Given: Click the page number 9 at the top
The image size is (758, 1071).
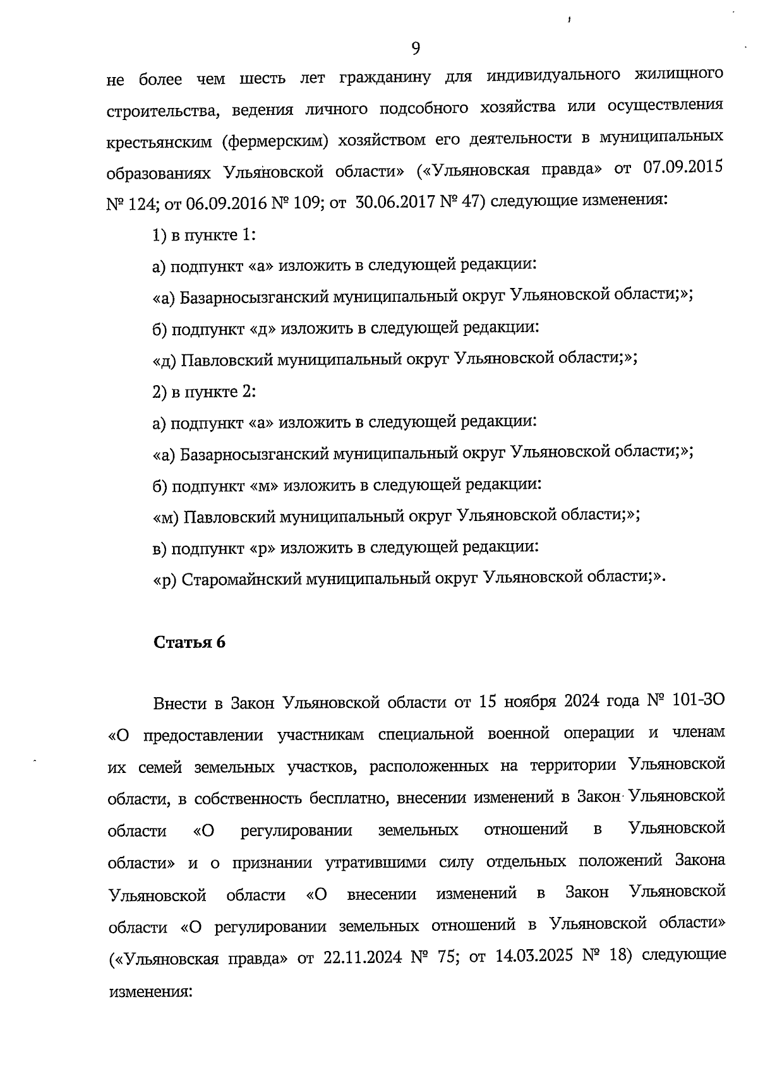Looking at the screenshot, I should pyautogui.click(x=416, y=48).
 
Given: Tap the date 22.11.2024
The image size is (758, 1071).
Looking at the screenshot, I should pyautogui.click(x=363, y=957).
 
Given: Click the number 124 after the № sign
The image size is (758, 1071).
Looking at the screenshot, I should pyautogui.click(x=134, y=203).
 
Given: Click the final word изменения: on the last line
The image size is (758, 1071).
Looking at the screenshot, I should pyautogui.click(x=150, y=991).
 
